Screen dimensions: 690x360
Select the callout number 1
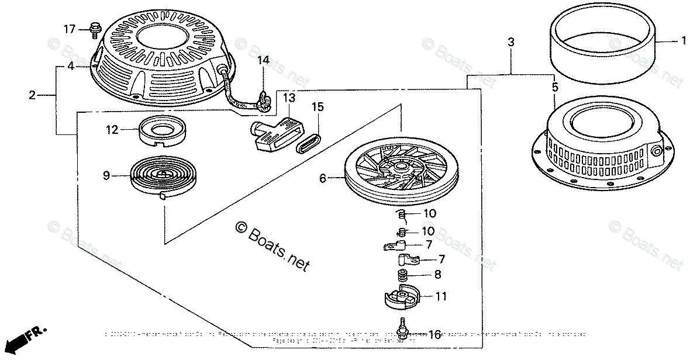(682, 41)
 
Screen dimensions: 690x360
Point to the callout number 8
(437, 274)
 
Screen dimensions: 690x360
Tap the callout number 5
(554, 87)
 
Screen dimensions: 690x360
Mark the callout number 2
(32, 95)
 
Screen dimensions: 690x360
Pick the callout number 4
(70, 67)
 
